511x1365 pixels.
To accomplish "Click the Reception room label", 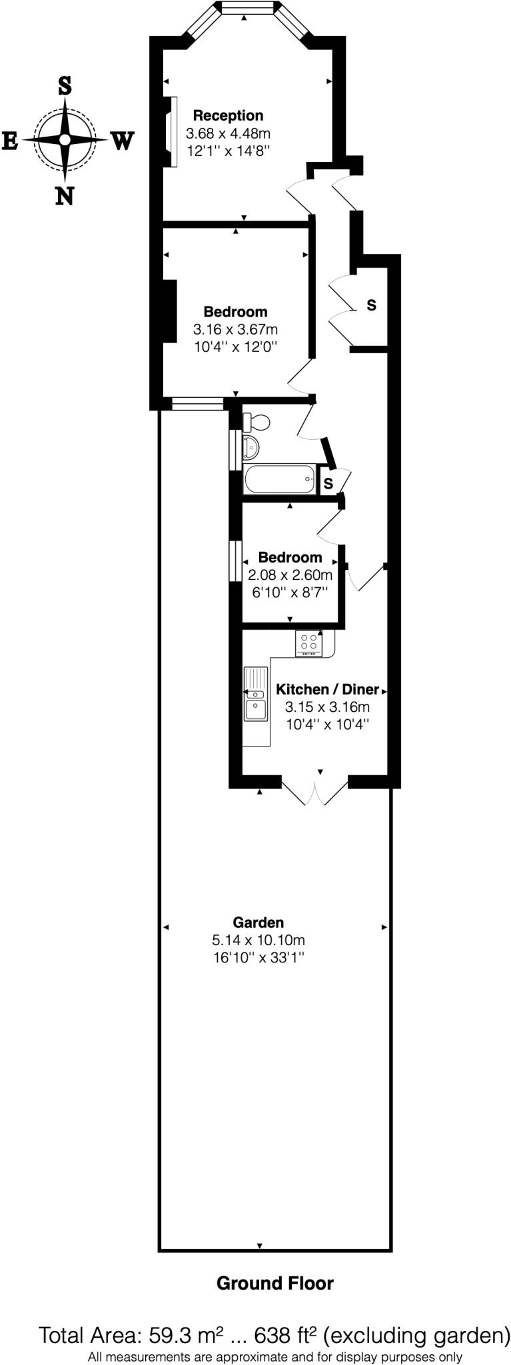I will pyautogui.click(x=228, y=116).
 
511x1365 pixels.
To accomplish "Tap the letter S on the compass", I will pyautogui.click(x=65, y=85).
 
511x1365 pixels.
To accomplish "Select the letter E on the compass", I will pyautogui.click(x=10, y=141).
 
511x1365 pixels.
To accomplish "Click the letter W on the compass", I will pyautogui.click(x=122, y=141).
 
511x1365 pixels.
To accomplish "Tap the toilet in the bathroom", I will pyautogui.click(x=256, y=422).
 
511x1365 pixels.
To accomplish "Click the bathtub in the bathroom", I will pyautogui.click(x=279, y=479).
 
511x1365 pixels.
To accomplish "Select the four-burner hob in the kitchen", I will pyautogui.click(x=308, y=643).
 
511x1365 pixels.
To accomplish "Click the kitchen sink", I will pyautogui.click(x=255, y=701).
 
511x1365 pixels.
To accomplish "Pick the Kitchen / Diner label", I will pyautogui.click(x=327, y=689).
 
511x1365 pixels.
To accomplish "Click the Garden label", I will pyautogui.click(x=258, y=922).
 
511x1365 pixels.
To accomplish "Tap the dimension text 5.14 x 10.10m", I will pyautogui.click(x=258, y=940).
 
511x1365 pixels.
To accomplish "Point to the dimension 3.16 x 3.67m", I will pyautogui.click(x=235, y=329).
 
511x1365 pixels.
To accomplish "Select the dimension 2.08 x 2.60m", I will pyautogui.click(x=290, y=575).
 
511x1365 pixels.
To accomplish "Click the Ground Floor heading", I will pyautogui.click(x=274, y=1283).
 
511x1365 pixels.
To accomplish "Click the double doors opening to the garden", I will pyautogui.click(x=315, y=790).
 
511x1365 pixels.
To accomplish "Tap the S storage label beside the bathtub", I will pyautogui.click(x=328, y=483).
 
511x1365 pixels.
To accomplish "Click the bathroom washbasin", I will pyautogui.click(x=251, y=447).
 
